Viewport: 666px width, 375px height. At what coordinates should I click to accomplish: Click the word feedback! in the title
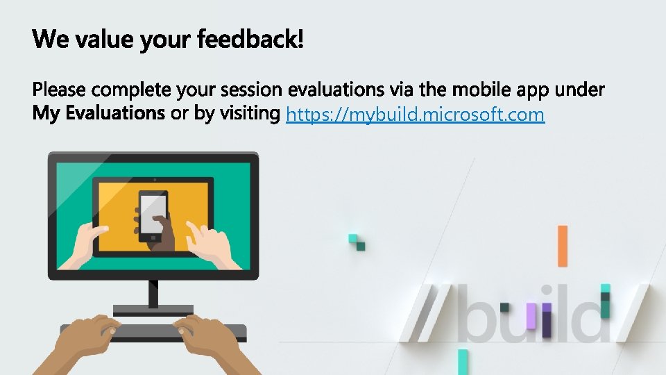[x=250, y=40]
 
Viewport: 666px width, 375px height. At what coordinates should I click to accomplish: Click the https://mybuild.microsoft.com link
[x=415, y=115]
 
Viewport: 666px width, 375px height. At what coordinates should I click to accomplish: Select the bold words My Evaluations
[x=99, y=113]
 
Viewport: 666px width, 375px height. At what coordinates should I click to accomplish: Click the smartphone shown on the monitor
[x=153, y=215]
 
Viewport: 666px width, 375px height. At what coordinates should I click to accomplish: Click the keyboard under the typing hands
[x=153, y=331]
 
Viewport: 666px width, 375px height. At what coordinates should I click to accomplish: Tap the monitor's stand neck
[x=153, y=292]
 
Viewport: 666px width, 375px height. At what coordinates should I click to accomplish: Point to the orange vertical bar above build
[x=562, y=246]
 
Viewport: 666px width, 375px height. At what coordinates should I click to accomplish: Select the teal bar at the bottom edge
[x=463, y=362]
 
